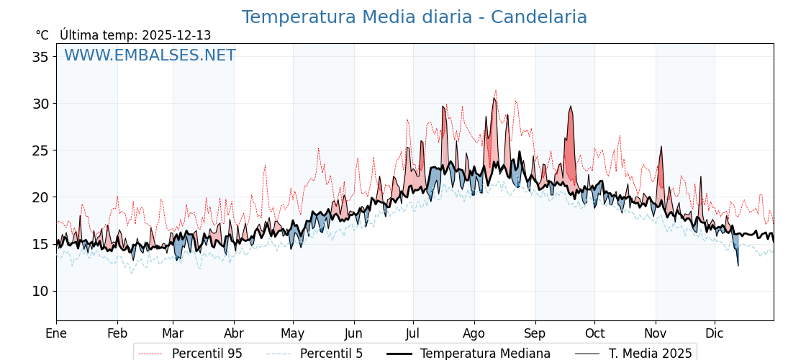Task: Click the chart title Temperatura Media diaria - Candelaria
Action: tap(414, 17)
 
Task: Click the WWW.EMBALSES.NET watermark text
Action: tap(150, 55)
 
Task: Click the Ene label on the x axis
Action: tap(56, 333)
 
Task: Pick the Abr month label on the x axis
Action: tap(234, 333)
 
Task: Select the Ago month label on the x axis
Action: tap(474, 333)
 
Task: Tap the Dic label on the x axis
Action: tap(715, 333)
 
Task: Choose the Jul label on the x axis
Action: tap(413, 333)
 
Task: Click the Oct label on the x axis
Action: tap(594, 333)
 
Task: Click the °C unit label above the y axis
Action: tap(42, 35)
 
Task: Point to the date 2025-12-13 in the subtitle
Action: tap(176, 35)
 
